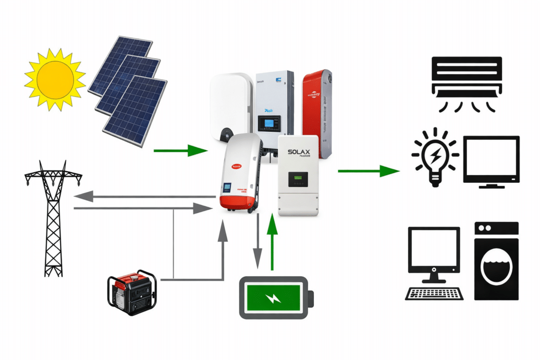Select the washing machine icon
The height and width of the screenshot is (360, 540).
[x=496, y=261]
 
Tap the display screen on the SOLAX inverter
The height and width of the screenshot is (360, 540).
[x=297, y=181]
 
